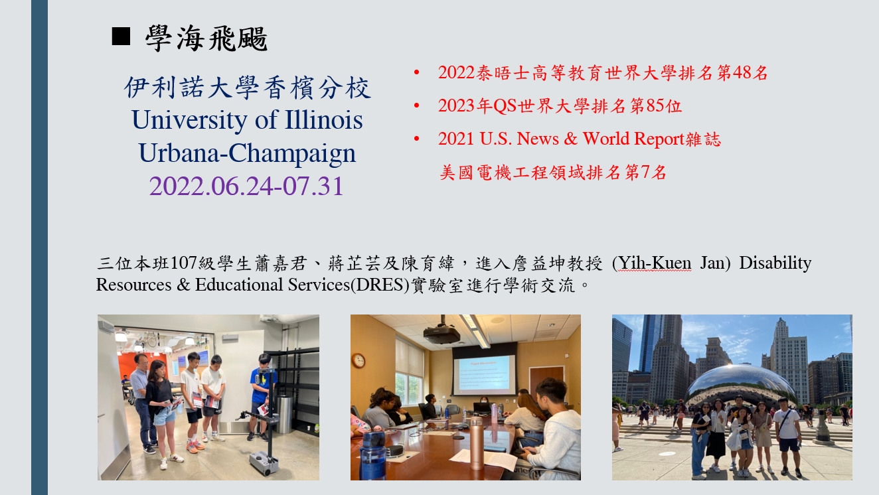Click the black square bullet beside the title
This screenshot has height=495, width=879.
(121, 36)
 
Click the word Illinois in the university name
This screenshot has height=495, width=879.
(324, 119)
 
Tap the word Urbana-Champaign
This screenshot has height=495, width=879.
(247, 153)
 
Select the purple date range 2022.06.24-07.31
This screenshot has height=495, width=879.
(246, 186)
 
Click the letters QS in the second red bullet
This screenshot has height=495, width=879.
(505, 106)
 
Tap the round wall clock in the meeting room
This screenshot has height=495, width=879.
(359, 360)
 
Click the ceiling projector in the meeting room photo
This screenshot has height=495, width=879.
(442, 332)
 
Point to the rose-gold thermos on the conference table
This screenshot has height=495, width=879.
(477, 443)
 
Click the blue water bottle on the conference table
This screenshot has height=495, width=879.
(372, 455)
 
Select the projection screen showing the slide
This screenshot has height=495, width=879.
(484, 375)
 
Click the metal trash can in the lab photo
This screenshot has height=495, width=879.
(285, 414)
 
